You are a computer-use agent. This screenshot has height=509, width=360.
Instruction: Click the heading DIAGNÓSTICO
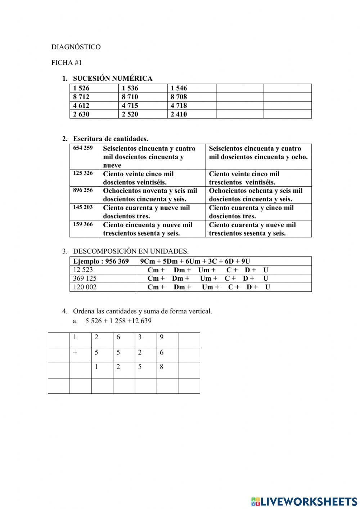pos(76,47)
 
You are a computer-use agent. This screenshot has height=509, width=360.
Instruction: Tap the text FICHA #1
pos(67,63)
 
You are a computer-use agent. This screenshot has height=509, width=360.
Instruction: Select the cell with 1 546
pos(179,88)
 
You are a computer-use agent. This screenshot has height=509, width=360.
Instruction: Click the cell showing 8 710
pos(130,97)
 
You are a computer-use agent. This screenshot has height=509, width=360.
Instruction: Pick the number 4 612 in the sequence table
pos(81,106)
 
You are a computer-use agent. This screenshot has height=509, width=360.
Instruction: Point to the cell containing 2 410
pos(179,114)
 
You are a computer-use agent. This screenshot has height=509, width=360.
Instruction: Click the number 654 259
pos(83,148)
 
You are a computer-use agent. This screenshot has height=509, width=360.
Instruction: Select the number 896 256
pos(83,190)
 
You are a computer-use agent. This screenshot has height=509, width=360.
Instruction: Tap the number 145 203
pos(83,207)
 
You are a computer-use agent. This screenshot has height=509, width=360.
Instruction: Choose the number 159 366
pos(83,224)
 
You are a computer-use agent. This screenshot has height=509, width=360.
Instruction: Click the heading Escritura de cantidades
pos(111,139)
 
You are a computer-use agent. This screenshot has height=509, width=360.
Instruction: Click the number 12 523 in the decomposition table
pos(83,270)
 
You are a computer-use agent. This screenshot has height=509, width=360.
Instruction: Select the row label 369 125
pos(85,278)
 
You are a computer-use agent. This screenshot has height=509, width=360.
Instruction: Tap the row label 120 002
pos(85,287)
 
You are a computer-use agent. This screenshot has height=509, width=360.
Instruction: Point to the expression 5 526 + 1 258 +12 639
pos(118,321)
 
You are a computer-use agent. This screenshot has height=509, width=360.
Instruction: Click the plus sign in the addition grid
pos(75,353)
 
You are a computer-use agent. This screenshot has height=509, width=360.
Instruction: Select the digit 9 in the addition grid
pos(162,338)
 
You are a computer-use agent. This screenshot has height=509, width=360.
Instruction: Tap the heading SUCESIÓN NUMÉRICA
pos(113,79)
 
